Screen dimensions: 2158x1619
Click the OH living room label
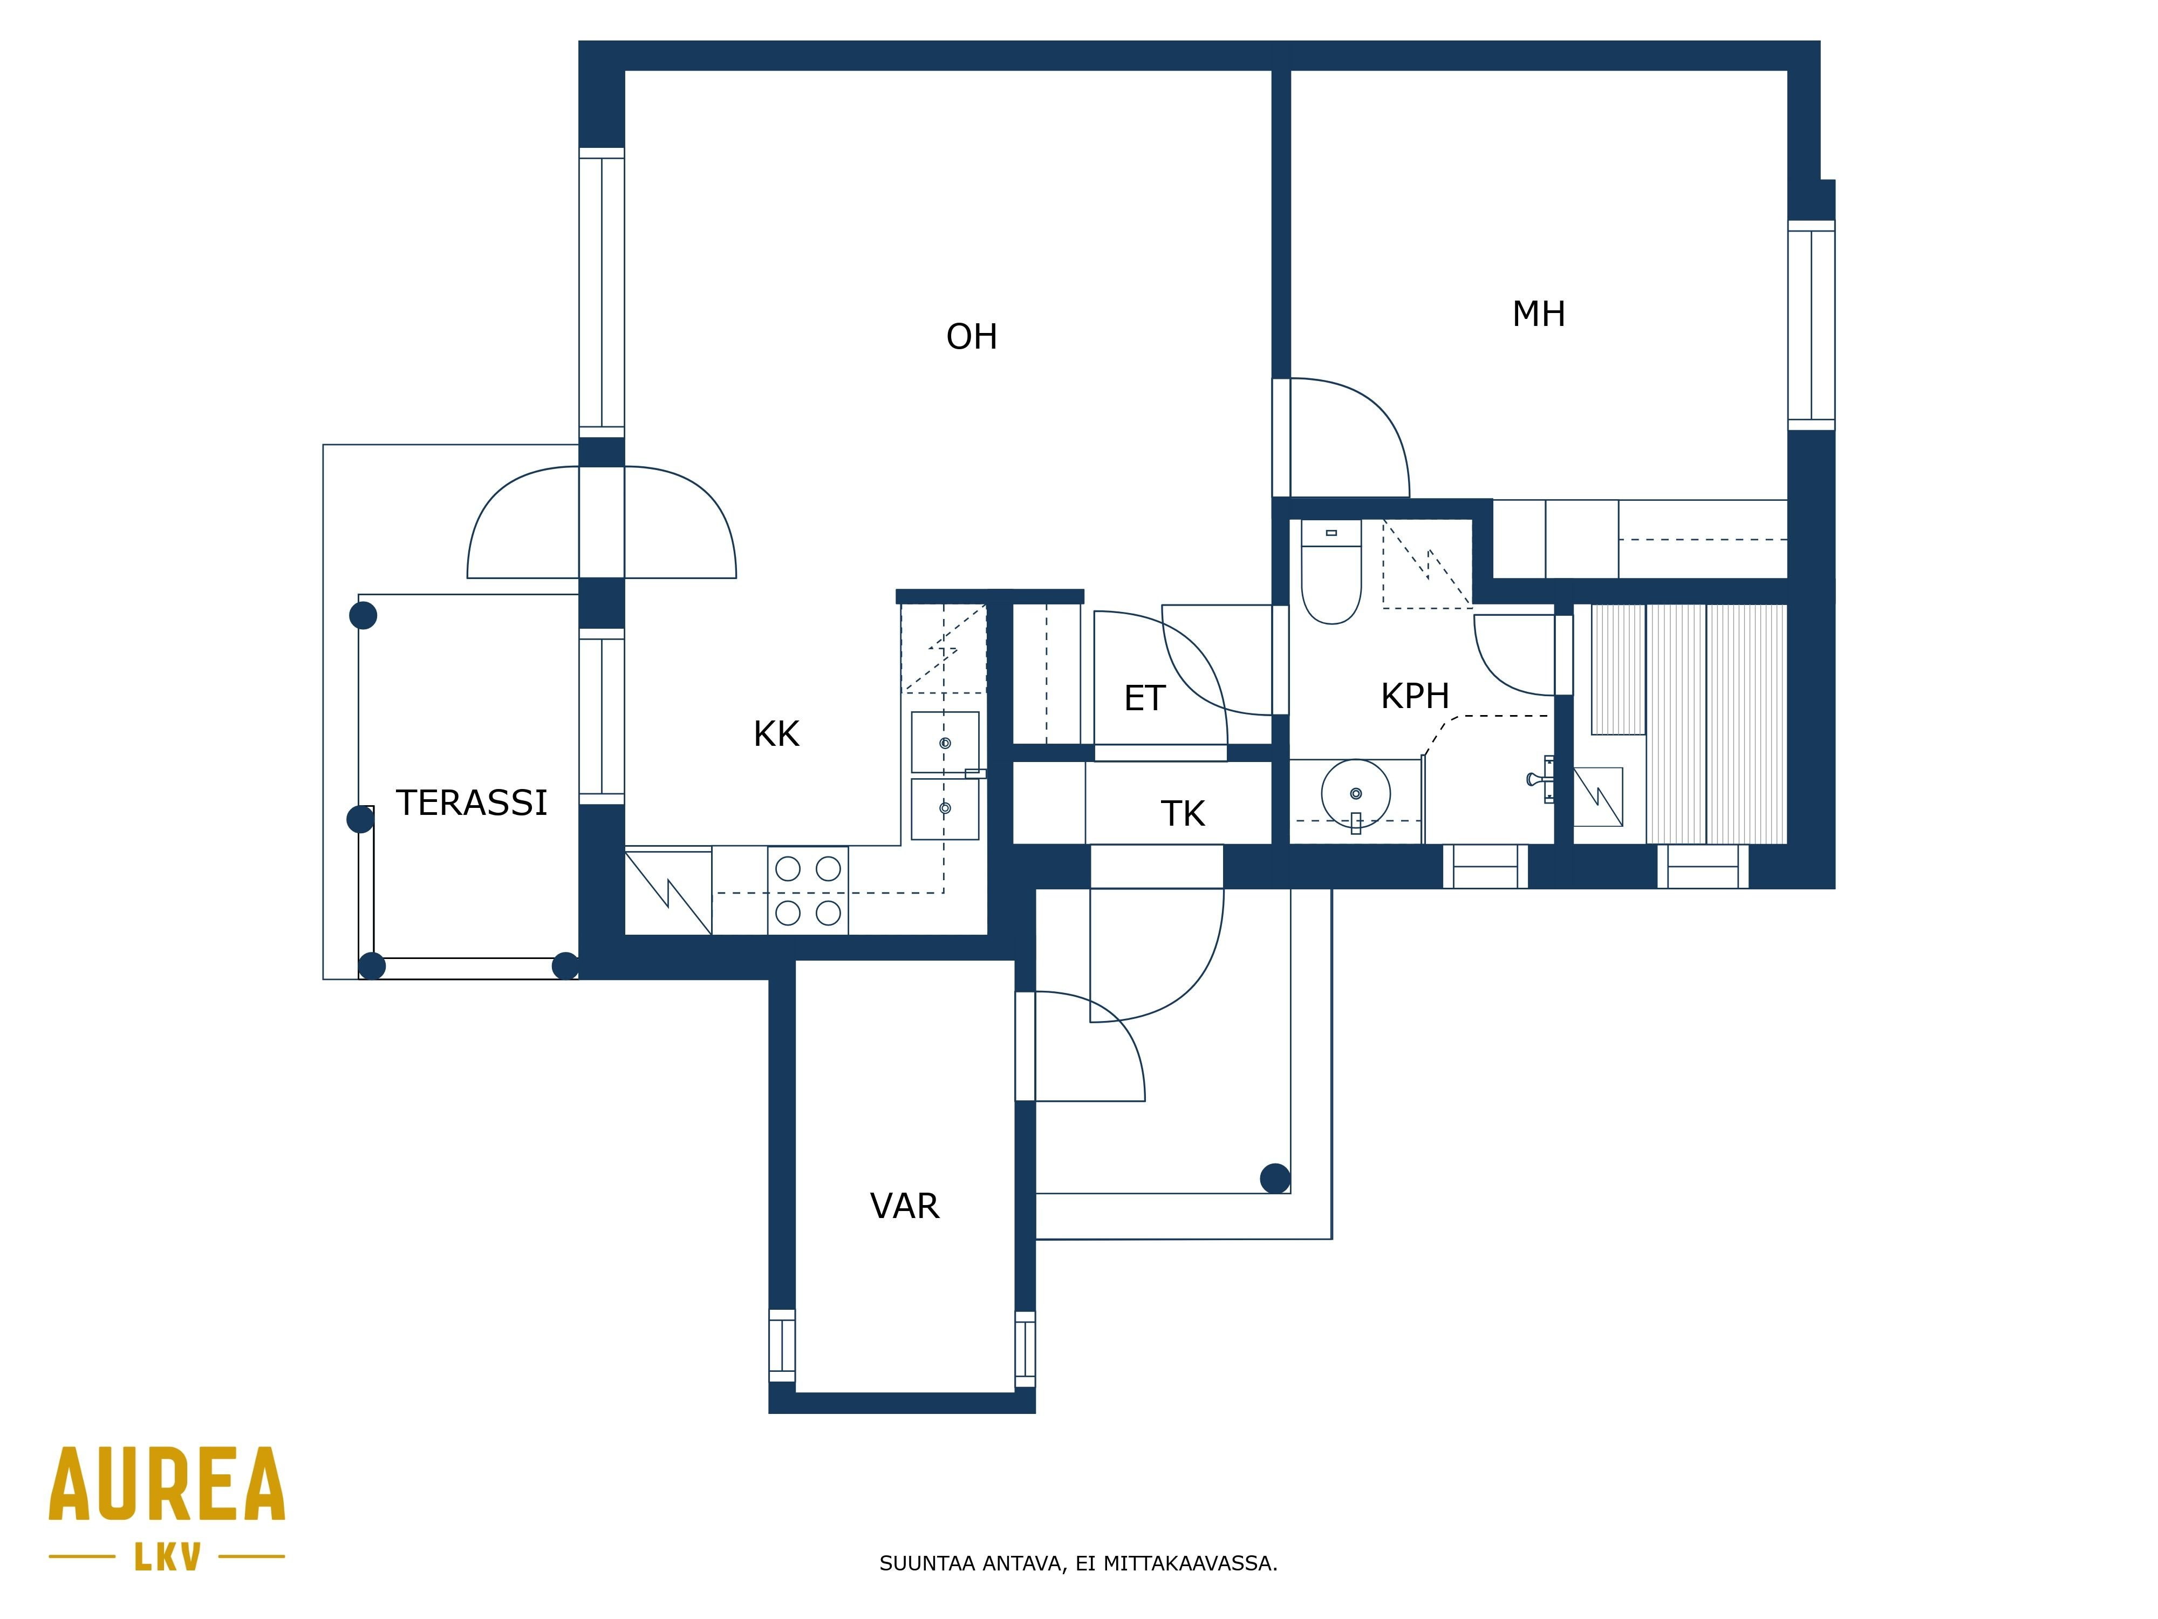(x=972, y=337)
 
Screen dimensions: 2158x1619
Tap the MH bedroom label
(x=1539, y=314)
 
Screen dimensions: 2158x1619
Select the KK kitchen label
(x=776, y=734)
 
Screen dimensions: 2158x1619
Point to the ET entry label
(x=1144, y=699)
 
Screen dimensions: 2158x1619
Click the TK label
(x=1183, y=814)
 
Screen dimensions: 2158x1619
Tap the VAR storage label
(x=904, y=1207)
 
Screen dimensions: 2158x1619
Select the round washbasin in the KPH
(x=1356, y=793)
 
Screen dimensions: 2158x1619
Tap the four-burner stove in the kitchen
(x=808, y=890)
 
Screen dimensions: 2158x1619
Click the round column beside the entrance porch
(x=1275, y=1179)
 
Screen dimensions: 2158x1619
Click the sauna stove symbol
(x=1598, y=797)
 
